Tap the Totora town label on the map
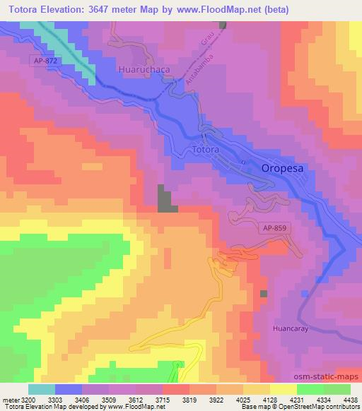204,150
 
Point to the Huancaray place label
291,328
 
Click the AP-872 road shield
44,61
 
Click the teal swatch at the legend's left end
42,389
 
